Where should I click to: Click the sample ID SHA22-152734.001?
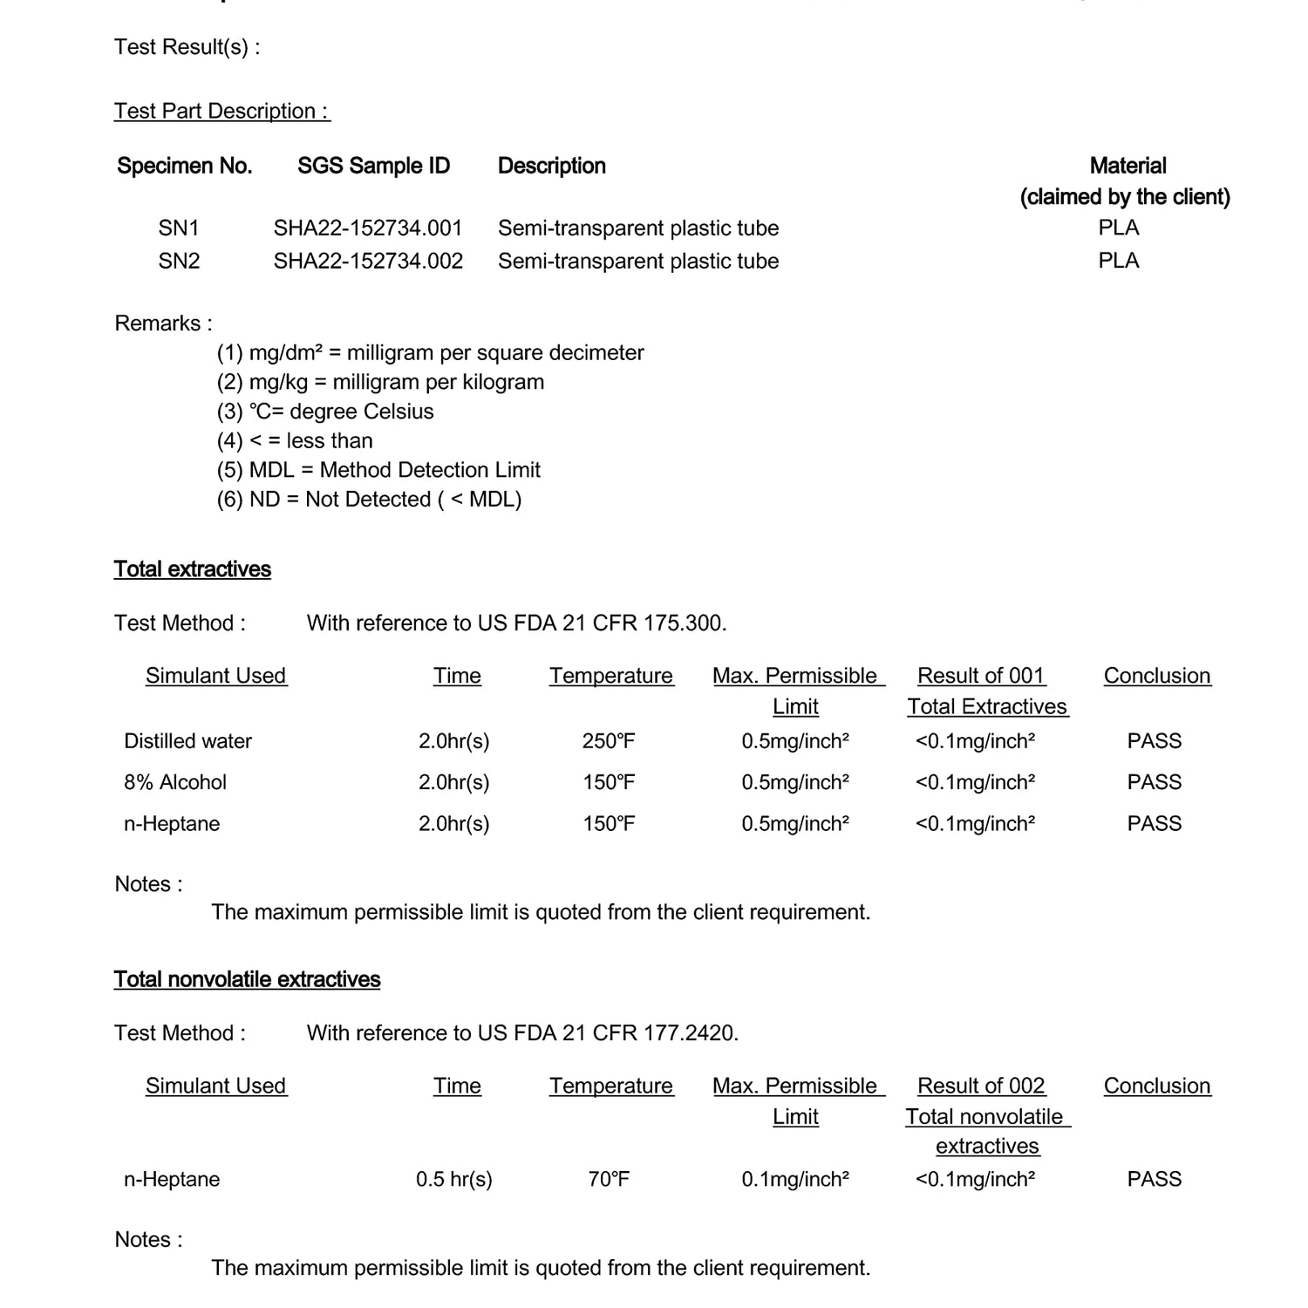[367, 228]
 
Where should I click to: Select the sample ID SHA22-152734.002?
[368, 262]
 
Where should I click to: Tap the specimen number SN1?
[179, 228]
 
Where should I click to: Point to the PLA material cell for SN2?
[1119, 261]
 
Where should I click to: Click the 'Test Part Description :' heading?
[221, 112]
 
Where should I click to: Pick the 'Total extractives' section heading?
[192, 569]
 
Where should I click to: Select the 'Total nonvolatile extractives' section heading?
[247, 979]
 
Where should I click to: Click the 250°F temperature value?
[609, 741]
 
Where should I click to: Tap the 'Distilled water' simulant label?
[187, 741]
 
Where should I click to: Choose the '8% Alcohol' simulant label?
[174, 782]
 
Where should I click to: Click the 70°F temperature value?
[609, 1179]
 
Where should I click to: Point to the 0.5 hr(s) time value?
[453, 1179]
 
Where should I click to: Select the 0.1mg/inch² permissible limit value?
[795, 1179]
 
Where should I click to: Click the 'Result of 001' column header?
[981, 676]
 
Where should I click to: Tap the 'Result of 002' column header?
[981, 1086]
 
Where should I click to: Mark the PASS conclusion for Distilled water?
[1154, 741]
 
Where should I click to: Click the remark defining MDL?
[378, 470]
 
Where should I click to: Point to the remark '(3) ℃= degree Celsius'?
[325, 412]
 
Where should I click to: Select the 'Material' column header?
[1127, 166]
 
